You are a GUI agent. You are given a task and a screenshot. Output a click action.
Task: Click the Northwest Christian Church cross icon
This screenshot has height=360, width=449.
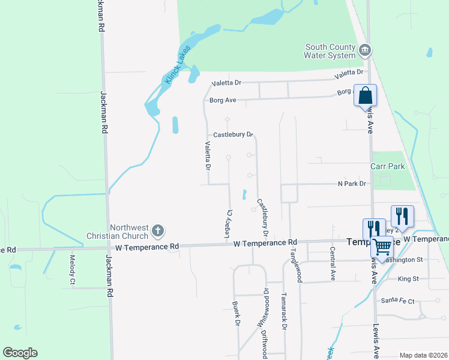pyautogui.click(x=158, y=230)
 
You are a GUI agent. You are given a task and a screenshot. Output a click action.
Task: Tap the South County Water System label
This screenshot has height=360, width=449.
pyautogui.click(x=330, y=52)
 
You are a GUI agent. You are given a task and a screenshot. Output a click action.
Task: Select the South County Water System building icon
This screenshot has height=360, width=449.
pyautogui.click(x=364, y=50)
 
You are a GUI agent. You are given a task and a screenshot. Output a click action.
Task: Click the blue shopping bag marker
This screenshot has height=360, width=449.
pyautogui.click(x=365, y=95)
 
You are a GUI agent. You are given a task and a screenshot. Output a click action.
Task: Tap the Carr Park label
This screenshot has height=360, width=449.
pyautogui.click(x=387, y=166)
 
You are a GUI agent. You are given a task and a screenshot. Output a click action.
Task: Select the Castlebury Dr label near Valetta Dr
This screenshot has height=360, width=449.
pyautogui.click(x=229, y=134)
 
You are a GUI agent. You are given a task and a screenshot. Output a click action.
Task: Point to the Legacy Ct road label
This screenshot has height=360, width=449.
pyautogui.click(x=229, y=223)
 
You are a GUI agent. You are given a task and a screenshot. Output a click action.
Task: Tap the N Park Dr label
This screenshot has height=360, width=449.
pyautogui.click(x=352, y=184)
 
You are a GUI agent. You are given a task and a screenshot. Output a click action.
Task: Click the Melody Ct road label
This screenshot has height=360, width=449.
pyautogui.click(x=72, y=270)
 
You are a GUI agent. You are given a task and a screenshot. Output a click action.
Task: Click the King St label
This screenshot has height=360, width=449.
pyautogui.click(x=408, y=279)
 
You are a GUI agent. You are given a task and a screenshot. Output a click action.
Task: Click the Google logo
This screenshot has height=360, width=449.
pyautogui.click(x=20, y=353)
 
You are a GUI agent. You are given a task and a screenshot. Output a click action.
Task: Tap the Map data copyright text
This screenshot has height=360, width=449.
pyautogui.click(x=423, y=355)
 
